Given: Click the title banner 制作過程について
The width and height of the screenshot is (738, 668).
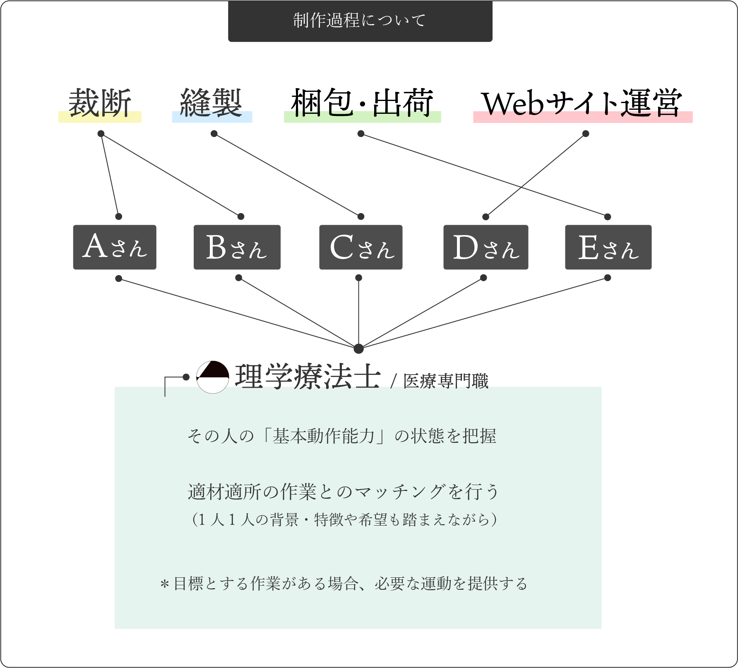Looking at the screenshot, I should pyautogui.click(x=360, y=21).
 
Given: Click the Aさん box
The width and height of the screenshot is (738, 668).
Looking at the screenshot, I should pyautogui.click(x=115, y=247).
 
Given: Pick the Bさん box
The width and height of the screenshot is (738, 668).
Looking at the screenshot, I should pyautogui.click(x=237, y=247).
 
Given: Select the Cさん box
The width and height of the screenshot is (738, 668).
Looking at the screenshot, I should pyautogui.click(x=361, y=247).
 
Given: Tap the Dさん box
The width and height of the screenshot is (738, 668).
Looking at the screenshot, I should pyautogui.click(x=486, y=247).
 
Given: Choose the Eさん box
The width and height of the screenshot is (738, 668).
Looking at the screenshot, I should pyautogui.click(x=608, y=247).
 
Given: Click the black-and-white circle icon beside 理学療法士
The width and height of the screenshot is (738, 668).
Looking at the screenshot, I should pyautogui.click(x=212, y=377).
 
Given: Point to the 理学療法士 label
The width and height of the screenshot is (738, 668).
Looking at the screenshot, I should pyautogui.click(x=308, y=377).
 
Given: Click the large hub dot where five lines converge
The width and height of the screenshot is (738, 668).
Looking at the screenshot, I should pyautogui.click(x=358, y=348).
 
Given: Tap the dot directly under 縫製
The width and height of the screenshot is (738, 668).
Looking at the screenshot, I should pyautogui.click(x=214, y=134).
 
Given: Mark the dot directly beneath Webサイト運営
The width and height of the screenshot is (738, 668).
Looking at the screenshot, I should pyautogui.click(x=585, y=134).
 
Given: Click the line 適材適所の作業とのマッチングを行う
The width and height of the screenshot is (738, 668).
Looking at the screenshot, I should pyautogui.click(x=343, y=492).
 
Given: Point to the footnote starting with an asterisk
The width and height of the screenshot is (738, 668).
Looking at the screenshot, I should pyautogui.click(x=344, y=584).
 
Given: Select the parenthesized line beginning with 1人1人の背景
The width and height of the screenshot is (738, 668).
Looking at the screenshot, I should pyautogui.click(x=344, y=519).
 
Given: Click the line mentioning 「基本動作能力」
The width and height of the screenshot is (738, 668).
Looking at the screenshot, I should pyautogui.click(x=341, y=436).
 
